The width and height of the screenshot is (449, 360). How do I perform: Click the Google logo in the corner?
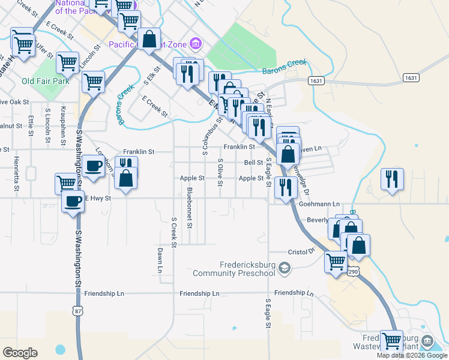20,352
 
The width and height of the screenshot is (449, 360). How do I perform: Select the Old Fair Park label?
45,81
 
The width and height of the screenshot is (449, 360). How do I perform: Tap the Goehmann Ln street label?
319,204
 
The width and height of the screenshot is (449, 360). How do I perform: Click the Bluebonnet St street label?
190,208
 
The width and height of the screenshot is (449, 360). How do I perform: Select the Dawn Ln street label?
160,260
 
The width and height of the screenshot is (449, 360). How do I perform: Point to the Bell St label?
253,163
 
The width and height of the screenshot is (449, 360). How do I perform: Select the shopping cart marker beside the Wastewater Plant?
391,341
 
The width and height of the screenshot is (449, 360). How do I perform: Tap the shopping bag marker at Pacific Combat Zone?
150,39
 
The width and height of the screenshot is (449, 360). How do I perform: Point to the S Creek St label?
174,232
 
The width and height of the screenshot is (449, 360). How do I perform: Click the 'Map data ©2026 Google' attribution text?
412,355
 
